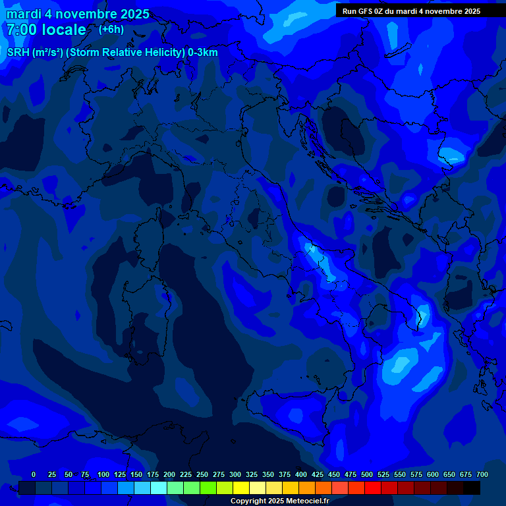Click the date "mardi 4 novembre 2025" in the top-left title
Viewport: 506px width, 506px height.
click(78, 14)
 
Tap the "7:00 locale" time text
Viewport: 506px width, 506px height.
click(46, 30)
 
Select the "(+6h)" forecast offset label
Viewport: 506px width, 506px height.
click(111, 29)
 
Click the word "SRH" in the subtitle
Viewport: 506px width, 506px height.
click(18, 53)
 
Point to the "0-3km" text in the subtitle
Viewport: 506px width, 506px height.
click(202, 53)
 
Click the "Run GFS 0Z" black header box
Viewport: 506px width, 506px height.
click(411, 11)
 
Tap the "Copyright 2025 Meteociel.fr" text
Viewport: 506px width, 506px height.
click(279, 501)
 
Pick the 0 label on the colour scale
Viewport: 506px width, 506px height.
click(34, 474)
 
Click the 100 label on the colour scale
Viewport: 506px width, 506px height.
click(103, 474)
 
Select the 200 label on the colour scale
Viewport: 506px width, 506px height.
click(169, 474)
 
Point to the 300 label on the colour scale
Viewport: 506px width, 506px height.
click(235, 474)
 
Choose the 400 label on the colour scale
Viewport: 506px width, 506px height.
click(301, 474)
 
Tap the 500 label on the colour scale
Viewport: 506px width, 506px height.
click(367, 474)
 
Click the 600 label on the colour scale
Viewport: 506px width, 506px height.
click(433, 474)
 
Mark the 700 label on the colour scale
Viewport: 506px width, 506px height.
click(482, 474)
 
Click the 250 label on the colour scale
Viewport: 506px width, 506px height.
click(202, 474)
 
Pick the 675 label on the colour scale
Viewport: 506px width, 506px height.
click(466, 474)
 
